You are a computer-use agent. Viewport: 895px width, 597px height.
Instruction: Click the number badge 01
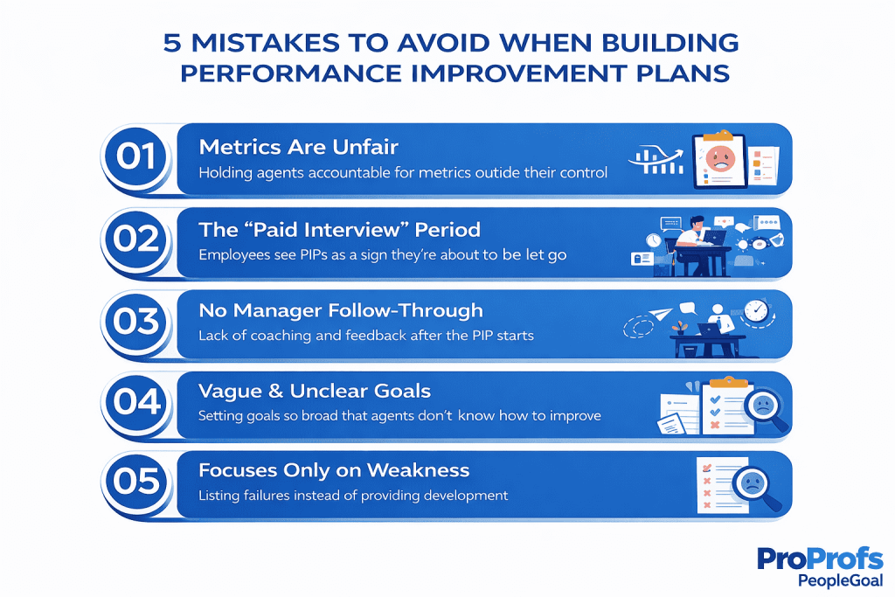point(135,156)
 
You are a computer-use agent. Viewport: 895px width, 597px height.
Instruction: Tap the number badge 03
point(135,322)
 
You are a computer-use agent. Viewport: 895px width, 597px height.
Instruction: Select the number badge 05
point(135,481)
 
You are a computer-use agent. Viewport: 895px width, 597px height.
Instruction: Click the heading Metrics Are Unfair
point(299,147)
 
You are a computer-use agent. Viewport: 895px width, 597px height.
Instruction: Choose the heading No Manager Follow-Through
point(341,310)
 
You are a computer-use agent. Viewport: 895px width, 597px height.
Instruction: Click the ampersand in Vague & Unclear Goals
point(275,392)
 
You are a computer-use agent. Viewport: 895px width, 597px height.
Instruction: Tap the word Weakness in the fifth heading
point(418,470)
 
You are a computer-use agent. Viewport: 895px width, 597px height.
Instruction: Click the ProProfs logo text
point(820,559)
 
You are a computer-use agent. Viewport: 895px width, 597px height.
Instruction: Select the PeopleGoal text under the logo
point(840,581)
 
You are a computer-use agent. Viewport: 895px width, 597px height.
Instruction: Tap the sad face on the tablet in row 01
point(720,158)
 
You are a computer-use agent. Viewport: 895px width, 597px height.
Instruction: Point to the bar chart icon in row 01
point(656,160)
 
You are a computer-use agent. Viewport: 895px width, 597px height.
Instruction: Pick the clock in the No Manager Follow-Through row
point(756,311)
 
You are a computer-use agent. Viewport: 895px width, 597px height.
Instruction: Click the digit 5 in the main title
point(172,44)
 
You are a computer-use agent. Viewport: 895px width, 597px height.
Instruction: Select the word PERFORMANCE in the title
point(291,73)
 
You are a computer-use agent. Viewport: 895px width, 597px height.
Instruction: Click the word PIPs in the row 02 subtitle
point(314,254)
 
